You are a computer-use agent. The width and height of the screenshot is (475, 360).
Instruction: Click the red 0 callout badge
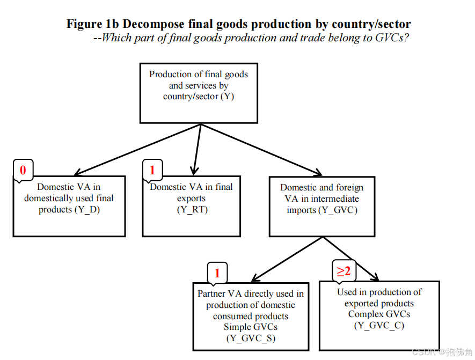point(23,171)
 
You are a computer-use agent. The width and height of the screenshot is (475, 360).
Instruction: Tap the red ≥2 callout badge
point(344,271)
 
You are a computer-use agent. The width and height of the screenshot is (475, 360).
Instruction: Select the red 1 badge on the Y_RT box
point(152,171)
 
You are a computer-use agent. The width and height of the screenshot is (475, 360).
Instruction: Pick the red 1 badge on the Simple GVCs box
point(217,273)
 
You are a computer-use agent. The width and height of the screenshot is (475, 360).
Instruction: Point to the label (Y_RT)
point(192,210)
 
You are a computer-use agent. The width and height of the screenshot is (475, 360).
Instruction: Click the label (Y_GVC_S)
point(251,338)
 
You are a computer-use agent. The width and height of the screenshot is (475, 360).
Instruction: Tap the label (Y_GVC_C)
point(379,326)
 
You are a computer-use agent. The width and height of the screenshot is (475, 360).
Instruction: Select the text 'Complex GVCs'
point(379,314)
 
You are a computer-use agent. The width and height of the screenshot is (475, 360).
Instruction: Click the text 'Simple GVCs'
point(251,327)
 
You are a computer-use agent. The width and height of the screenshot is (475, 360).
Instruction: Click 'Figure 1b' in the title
point(92,24)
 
